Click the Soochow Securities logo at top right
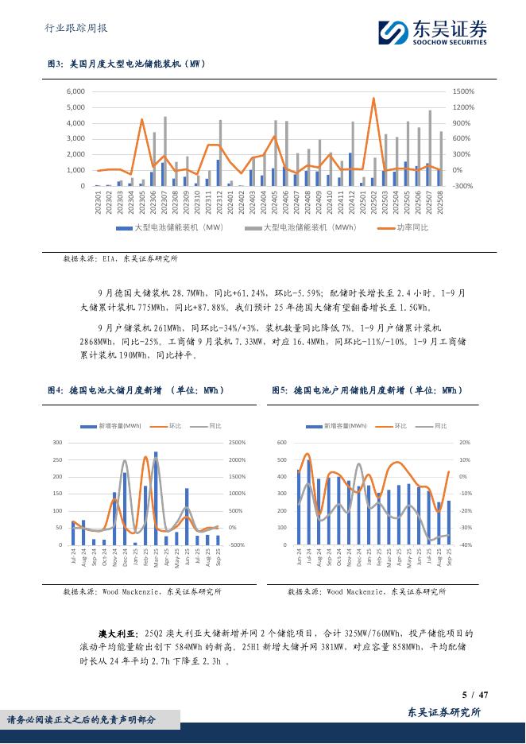(432, 32)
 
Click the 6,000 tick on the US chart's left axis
(75, 91)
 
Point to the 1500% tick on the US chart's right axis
(463, 91)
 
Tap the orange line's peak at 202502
(373, 99)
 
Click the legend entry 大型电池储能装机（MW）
(168, 228)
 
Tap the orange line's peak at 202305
(141, 120)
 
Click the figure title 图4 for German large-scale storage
(137, 390)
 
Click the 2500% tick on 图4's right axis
(238, 442)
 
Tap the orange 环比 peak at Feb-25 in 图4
(146, 458)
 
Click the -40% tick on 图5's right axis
(465, 544)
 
